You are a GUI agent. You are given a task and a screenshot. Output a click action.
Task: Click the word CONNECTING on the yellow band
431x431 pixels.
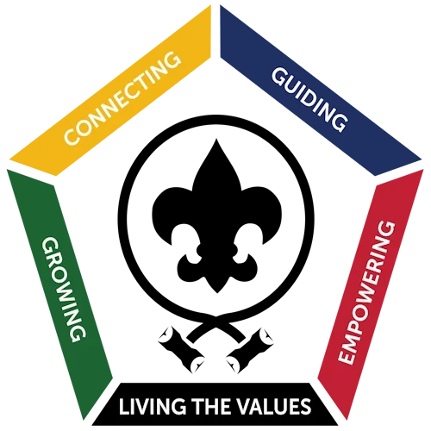(122, 98)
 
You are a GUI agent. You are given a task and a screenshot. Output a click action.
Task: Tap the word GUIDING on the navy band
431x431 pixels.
(309, 99)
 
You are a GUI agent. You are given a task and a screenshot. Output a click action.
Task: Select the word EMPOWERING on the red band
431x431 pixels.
(366, 292)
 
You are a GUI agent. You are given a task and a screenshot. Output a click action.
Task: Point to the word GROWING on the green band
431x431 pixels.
(64, 290)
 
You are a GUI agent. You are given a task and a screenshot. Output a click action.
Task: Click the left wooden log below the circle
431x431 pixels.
(182, 350)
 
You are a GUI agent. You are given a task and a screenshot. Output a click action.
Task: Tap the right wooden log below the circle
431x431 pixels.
(250, 350)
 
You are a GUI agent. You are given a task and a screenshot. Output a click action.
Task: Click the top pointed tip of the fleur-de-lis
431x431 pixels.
(216, 140)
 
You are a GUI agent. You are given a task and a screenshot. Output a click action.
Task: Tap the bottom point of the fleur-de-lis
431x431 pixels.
(217, 293)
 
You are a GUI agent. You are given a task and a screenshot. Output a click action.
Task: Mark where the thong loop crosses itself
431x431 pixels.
(216, 317)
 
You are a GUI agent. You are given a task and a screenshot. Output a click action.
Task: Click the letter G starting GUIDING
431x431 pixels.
(279, 77)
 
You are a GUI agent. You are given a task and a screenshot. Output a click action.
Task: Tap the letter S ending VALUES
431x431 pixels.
(306, 406)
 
